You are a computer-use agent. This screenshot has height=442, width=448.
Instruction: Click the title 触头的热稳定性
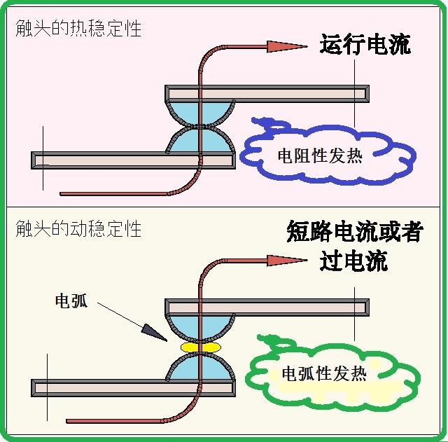[78, 29]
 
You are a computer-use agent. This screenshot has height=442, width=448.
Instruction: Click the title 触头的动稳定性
[78, 228]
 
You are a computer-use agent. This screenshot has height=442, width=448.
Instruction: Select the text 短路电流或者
[355, 231]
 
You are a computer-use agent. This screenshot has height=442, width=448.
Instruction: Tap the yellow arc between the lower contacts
[201, 347]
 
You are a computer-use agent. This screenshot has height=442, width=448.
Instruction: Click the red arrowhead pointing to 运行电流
[286, 46]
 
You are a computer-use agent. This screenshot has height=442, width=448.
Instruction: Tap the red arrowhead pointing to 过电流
[286, 261]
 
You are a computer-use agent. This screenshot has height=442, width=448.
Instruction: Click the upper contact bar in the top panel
[294, 92]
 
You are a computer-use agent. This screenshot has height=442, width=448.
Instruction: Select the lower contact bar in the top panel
[105, 160]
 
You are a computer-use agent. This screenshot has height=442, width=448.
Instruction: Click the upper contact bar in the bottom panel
[294, 307]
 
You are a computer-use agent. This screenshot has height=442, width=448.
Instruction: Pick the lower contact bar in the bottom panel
[105, 387]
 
